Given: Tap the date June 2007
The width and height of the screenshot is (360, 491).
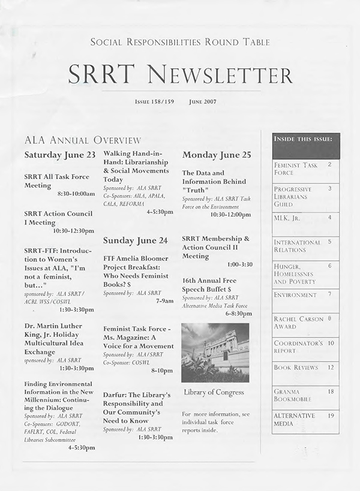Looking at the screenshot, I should [x=202, y=101].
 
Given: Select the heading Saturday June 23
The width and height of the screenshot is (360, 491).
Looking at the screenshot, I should [x=60, y=155].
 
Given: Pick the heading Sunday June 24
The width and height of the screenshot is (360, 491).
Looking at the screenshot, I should [x=135, y=240].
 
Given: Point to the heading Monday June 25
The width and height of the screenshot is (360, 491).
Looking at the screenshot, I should [x=216, y=155].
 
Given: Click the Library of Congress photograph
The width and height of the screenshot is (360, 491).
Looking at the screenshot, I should [x=215, y=353].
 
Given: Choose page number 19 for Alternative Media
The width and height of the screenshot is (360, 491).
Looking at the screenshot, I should [x=331, y=415].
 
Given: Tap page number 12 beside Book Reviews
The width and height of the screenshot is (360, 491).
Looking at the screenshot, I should [x=331, y=367].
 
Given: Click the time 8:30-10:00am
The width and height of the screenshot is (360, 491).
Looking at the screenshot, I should [x=76, y=194].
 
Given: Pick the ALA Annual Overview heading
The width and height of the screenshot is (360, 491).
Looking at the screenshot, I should [x=82, y=141].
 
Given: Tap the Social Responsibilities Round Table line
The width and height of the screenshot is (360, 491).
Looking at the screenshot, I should [x=179, y=42].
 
